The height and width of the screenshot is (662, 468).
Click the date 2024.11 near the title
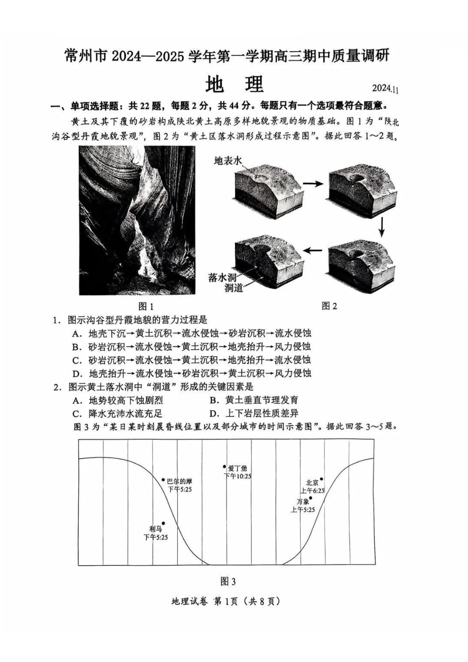[386, 89]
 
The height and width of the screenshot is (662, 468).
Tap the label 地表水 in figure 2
[229, 161]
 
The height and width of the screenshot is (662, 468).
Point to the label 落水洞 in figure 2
[223, 278]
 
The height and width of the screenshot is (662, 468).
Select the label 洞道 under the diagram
[234, 288]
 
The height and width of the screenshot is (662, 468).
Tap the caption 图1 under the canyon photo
[146, 306]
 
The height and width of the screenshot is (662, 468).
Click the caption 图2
[329, 306]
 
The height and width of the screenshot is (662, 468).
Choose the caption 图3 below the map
[228, 582]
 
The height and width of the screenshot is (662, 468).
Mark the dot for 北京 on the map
[322, 479]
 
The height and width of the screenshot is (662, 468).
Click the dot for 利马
[163, 524]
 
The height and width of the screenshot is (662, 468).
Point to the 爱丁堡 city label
[237, 468]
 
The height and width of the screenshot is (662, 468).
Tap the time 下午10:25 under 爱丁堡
[237, 476]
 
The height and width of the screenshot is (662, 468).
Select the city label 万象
[302, 501]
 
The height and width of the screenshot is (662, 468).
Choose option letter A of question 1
[76, 333]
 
